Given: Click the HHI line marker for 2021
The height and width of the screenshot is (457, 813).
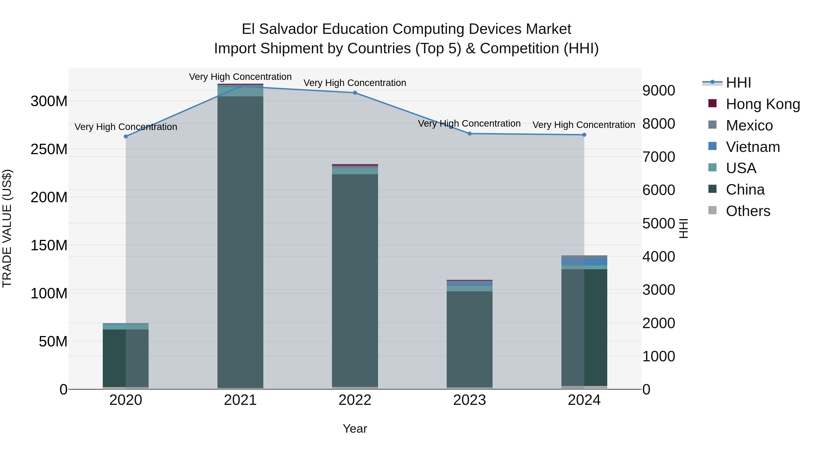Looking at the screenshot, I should pyautogui.click(x=240, y=86).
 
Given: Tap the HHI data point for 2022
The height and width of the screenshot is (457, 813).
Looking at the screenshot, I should pyautogui.click(x=355, y=93).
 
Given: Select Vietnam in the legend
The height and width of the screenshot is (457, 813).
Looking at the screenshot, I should pyautogui.click(x=752, y=147).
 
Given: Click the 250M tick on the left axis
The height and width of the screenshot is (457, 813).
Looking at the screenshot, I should pyautogui.click(x=49, y=149).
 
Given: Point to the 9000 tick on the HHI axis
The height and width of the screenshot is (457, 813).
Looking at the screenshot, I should pyautogui.click(x=659, y=90).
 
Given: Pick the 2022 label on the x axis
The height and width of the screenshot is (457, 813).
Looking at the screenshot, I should pyautogui.click(x=355, y=400).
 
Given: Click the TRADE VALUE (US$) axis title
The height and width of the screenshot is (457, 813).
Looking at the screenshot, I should pyautogui.click(x=7, y=228).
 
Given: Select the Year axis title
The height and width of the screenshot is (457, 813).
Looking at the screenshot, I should pyautogui.click(x=355, y=429).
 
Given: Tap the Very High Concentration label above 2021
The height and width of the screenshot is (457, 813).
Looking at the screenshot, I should pyautogui.click(x=240, y=77).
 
